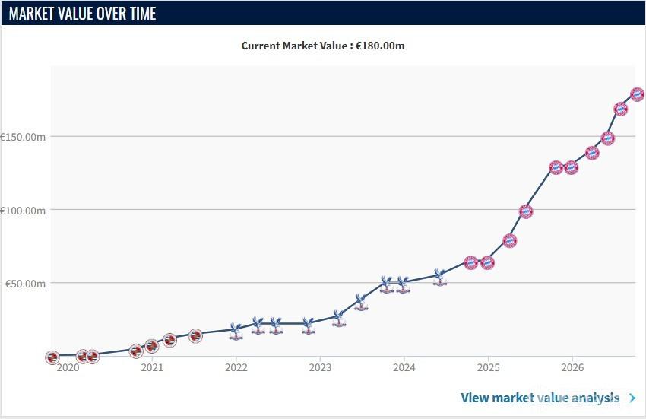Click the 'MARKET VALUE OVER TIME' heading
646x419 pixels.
click(x=82, y=14)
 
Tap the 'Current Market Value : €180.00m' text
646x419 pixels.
click(x=323, y=46)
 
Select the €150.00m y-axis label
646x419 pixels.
click(x=23, y=137)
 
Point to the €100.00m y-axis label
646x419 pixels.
click(x=23, y=211)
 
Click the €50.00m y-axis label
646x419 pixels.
click(x=25, y=284)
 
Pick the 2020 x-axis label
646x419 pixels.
click(x=68, y=367)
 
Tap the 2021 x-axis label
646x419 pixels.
click(x=152, y=367)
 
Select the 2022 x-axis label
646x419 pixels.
click(x=236, y=367)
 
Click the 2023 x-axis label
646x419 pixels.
click(x=320, y=367)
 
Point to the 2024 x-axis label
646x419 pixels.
click(x=404, y=367)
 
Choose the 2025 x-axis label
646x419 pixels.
click(x=488, y=367)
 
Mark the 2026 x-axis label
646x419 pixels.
click(x=572, y=367)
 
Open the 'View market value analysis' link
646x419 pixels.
click(x=540, y=398)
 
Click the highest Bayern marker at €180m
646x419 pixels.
click(x=638, y=94)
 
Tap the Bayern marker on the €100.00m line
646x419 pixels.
click(x=526, y=211)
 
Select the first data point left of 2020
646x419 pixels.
click(x=52, y=357)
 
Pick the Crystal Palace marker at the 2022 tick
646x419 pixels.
click(x=236, y=332)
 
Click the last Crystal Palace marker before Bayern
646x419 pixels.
click(x=439, y=278)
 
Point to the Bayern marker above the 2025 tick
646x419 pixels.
click(x=487, y=262)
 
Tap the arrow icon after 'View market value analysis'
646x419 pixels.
click(x=632, y=398)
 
